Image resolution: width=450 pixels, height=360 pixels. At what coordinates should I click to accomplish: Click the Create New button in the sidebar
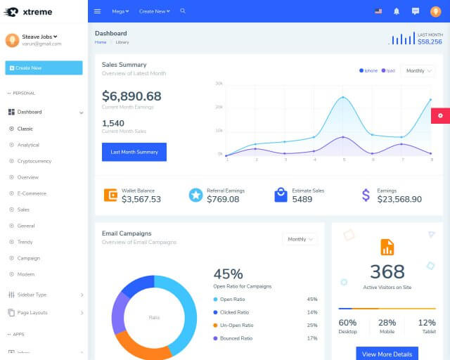[44, 67]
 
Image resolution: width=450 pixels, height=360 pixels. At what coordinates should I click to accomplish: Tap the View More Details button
[387, 354]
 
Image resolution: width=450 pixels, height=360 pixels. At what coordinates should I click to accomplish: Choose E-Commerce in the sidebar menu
[32, 193]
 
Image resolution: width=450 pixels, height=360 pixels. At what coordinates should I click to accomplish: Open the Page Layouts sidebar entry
[32, 312]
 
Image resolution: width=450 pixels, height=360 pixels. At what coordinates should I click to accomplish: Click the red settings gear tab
[440, 115]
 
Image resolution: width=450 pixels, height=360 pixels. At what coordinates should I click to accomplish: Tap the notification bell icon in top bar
[397, 11]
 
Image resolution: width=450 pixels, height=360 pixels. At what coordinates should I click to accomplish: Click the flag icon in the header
[378, 11]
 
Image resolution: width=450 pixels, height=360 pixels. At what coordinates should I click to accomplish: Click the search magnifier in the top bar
[183, 11]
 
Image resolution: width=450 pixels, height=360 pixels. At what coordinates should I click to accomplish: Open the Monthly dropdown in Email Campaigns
[300, 239]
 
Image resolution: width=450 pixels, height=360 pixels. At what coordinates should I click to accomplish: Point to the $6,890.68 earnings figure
[131, 96]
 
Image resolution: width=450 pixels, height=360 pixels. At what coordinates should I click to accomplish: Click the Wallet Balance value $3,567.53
[141, 199]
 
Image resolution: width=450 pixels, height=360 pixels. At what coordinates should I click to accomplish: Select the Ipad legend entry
[388, 70]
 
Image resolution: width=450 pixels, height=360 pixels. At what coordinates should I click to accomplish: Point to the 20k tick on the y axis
[219, 107]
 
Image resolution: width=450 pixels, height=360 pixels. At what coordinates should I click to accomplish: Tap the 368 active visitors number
[387, 271]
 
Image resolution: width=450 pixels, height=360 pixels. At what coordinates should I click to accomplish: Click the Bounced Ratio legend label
[236, 338]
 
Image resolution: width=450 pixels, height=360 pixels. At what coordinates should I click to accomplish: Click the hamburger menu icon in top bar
[98, 11]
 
